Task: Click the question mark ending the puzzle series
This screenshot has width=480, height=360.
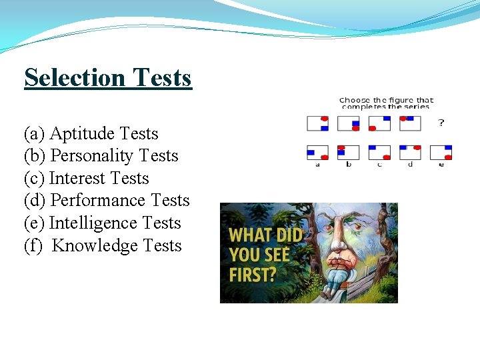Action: (441, 123)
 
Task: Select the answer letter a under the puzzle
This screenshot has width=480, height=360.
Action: (317, 165)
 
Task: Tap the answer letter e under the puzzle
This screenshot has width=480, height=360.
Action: (441, 165)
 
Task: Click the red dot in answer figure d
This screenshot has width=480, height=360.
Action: (417, 147)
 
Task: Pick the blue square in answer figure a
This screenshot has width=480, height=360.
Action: (311, 153)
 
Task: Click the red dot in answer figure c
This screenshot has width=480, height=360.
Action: (387, 157)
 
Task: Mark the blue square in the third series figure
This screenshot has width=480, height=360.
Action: (387, 118)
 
